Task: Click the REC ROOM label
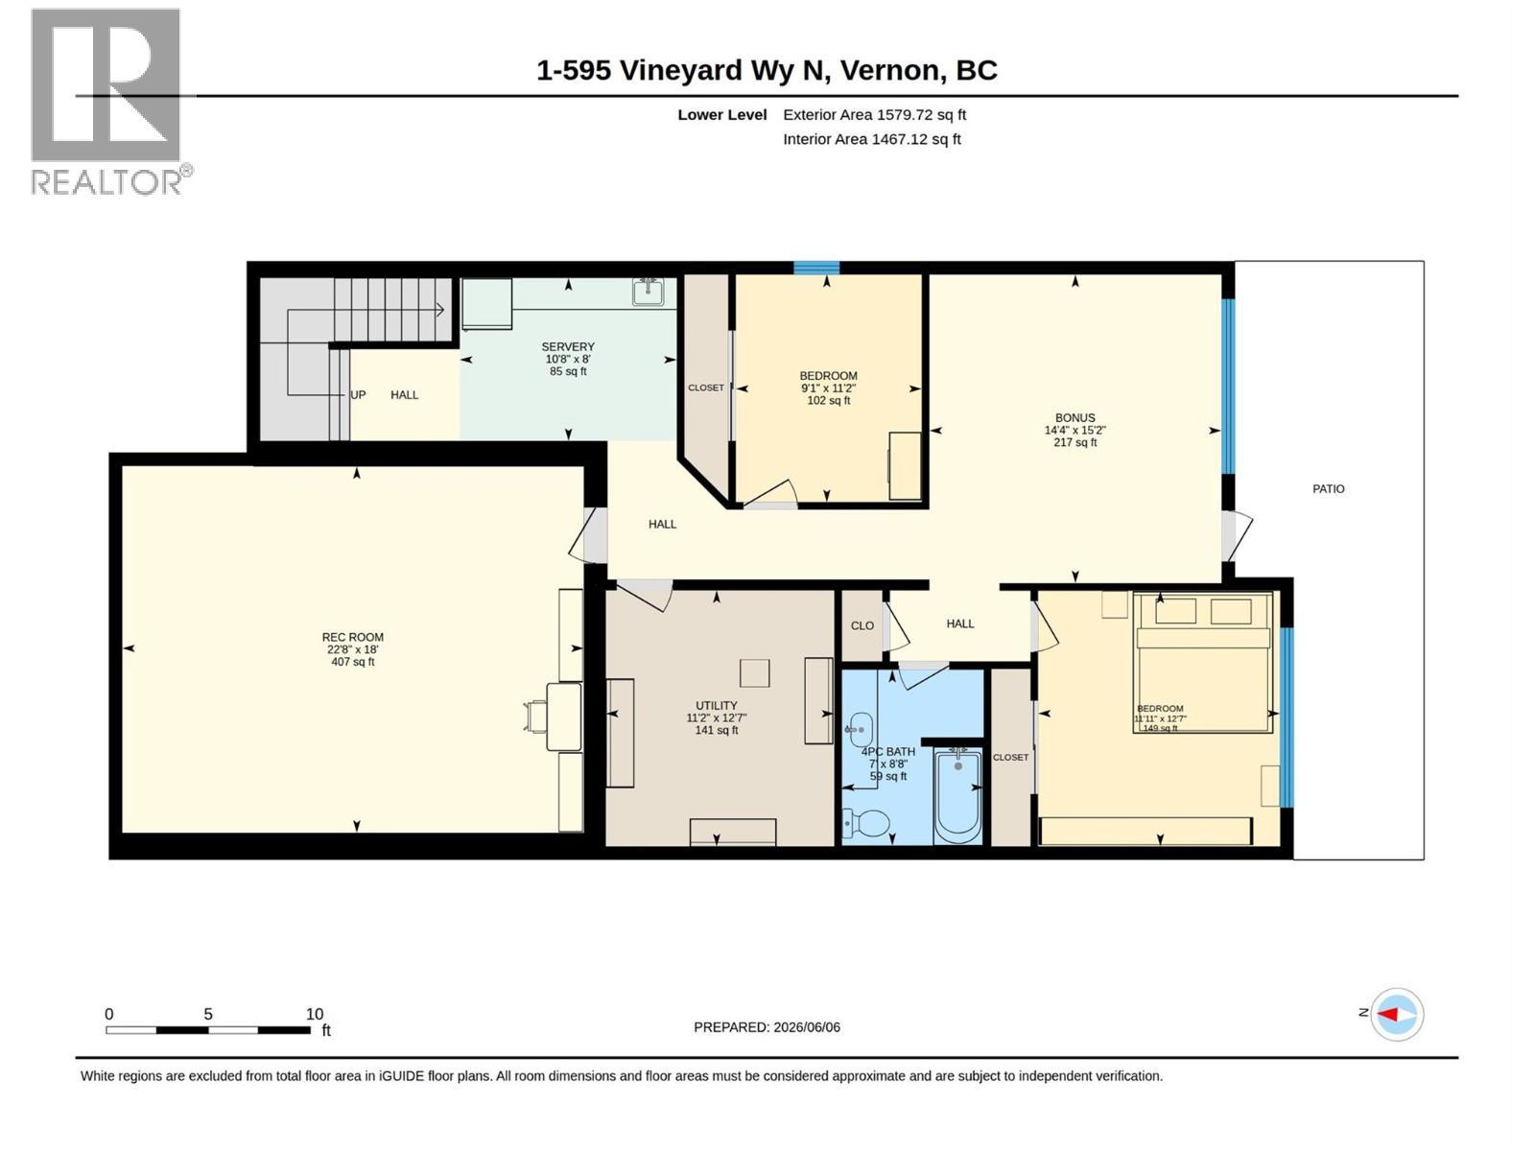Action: click(x=352, y=637)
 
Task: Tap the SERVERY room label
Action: click(x=568, y=346)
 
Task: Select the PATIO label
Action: click(x=1328, y=489)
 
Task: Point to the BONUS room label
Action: click(x=1074, y=418)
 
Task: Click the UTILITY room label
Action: click(x=716, y=706)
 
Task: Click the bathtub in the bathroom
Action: click(x=958, y=796)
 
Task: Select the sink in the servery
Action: click(x=649, y=292)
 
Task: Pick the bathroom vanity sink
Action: click(x=860, y=730)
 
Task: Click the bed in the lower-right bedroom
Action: click(x=1202, y=663)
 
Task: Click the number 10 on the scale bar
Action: click(x=314, y=1014)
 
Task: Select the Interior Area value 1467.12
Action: click(x=899, y=139)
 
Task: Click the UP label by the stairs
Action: click(x=358, y=395)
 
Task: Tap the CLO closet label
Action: click(x=862, y=626)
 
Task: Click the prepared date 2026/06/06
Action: click(x=806, y=1027)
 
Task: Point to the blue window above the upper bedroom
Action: click(x=816, y=268)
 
